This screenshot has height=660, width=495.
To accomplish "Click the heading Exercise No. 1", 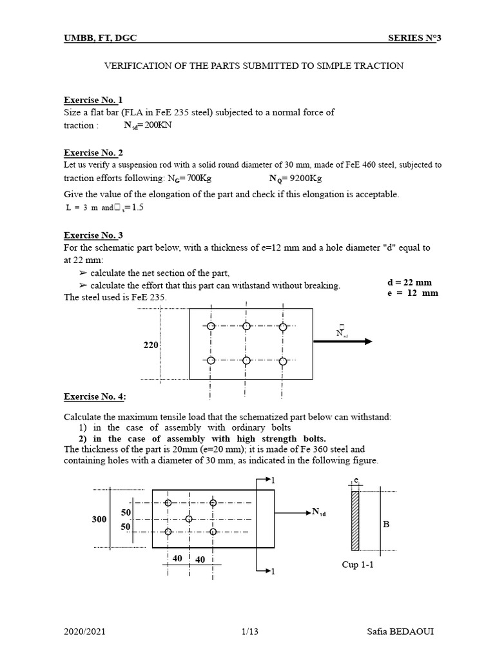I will pos(93,100).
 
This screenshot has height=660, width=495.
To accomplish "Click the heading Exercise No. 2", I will pos(93,153).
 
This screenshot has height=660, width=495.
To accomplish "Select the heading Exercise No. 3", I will pos(93,235).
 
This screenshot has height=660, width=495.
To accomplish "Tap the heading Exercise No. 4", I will pos(94,396).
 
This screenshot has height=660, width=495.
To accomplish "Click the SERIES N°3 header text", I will pos(415,38).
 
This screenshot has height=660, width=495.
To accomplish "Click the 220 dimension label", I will pos(151,346).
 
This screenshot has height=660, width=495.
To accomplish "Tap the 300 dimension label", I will pos(101,518).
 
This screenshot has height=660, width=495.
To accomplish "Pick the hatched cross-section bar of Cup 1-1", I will pos(355,521).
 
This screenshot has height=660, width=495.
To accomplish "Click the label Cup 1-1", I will pos(357,565).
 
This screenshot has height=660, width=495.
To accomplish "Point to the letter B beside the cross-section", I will pos(387,525).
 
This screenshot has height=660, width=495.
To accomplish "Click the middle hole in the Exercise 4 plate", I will pos(189,518).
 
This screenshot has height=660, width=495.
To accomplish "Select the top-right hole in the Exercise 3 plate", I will pos(282,326).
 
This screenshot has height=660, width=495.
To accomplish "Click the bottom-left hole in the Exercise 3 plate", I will pos(209,360).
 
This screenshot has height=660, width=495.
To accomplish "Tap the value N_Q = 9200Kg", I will pos(295,179).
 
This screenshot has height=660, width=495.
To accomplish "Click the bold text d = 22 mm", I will pos(409,282).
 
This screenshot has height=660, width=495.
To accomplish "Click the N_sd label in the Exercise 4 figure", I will pos(319,512).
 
